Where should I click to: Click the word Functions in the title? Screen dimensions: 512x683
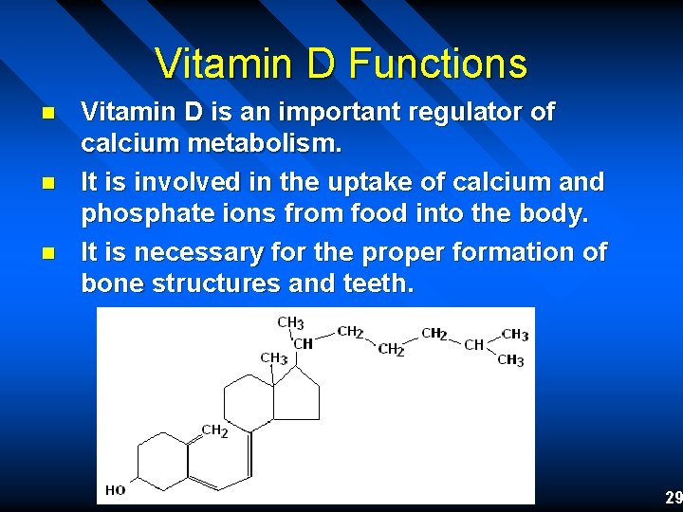coord(438,64)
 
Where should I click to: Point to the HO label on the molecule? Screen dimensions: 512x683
coord(115,490)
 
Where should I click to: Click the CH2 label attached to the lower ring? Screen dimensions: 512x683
coord(214,430)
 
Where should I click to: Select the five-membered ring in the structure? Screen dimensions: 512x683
coord(297,393)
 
